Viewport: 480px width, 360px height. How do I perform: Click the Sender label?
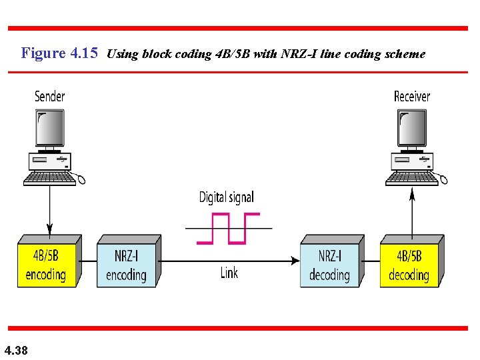[50, 97]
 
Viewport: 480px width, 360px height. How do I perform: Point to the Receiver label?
[412, 97]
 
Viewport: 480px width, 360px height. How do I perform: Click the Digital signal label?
[227, 197]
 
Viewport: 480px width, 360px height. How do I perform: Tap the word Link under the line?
[229, 273]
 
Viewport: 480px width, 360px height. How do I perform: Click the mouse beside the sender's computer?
[81, 178]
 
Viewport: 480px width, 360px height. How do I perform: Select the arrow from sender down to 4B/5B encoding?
[50, 209]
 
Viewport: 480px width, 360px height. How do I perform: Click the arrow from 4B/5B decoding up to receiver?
[412, 212]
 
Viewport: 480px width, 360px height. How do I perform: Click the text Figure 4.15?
[60, 53]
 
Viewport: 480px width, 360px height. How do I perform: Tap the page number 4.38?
[16, 350]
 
